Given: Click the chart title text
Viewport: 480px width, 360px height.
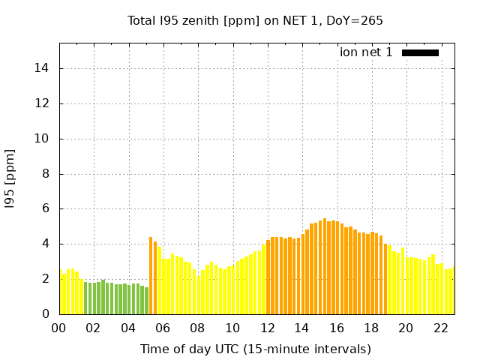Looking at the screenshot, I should (x=255, y=20).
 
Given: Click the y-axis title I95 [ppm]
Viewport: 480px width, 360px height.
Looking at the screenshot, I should (x=10, y=178).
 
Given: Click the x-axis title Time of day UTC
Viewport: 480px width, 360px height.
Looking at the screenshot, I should (x=255, y=349).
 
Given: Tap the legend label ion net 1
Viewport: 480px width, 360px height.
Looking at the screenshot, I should (x=366, y=52).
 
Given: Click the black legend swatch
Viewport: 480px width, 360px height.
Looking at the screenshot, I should (x=420, y=52).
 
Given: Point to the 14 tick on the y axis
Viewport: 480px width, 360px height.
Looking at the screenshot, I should (x=43, y=68).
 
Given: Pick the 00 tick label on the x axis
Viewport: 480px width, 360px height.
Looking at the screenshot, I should (x=59, y=328).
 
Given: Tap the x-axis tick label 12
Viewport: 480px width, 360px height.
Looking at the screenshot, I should (x=267, y=328).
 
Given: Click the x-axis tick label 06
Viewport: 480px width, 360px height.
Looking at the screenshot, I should (x=163, y=328).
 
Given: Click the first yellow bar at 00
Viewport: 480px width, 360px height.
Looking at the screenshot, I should (x=61, y=292).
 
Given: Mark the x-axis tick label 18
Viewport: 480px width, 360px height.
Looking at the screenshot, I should (x=371, y=328).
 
